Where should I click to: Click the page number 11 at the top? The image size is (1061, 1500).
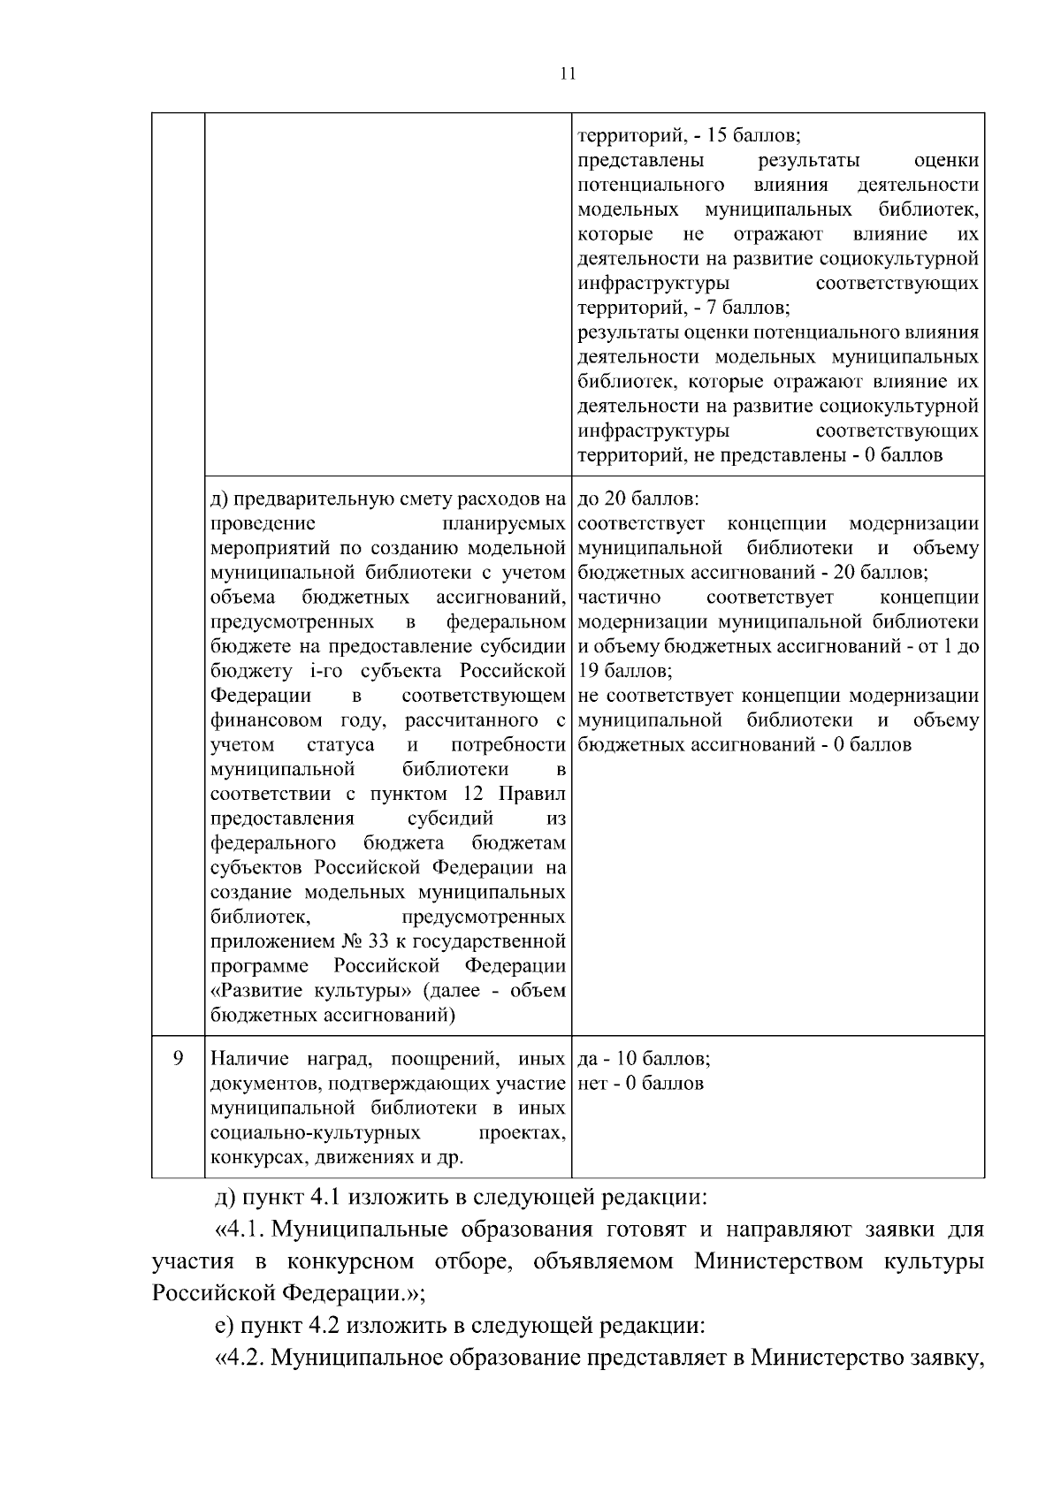(568, 74)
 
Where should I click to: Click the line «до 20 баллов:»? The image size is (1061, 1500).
(637, 499)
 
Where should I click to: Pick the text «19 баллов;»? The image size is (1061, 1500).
(625, 670)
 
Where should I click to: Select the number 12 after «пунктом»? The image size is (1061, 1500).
(474, 793)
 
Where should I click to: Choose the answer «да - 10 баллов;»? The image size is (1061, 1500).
(644, 1058)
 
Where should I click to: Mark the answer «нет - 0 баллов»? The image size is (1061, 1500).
(640, 1083)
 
